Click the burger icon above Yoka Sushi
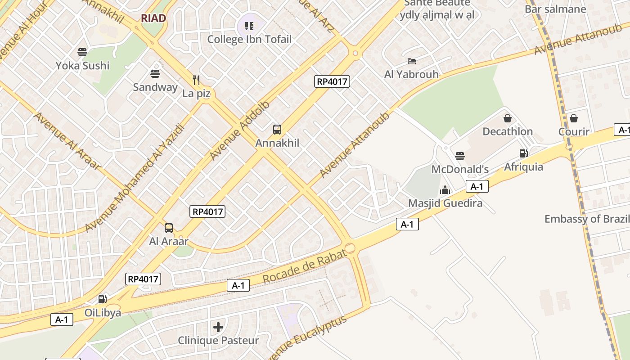pyautogui.click(x=82, y=52)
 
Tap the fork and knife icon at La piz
pyautogui.click(x=196, y=80)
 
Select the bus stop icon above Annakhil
pyautogui.click(x=277, y=130)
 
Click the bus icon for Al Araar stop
pyautogui.click(x=169, y=228)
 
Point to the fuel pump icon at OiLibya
pyautogui.click(x=103, y=299)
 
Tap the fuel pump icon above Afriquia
pyautogui.click(x=523, y=153)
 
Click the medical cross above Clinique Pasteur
pyautogui.click(x=218, y=327)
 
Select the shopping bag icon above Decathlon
pyautogui.click(x=508, y=118)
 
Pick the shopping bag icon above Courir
pyautogui.click(x=574, y=118)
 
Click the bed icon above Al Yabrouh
pyautogui.click(x=411, y=61)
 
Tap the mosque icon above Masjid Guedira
pyautogui.click(x=445, y=190)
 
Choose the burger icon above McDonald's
pyautogui.click(x=459, y=156)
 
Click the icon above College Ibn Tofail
pyautogui.click(x=249, y=26)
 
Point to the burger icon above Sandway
pyautogui.click(x=155, y=74)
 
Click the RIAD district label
pyautogui.click(x=153, y=18)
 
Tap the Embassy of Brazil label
pyautogui.click(x=587, y=219)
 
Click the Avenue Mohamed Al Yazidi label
pyautogui.click(x=135, y=178)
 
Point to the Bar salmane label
pyautogui.click(x=555, y=9)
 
